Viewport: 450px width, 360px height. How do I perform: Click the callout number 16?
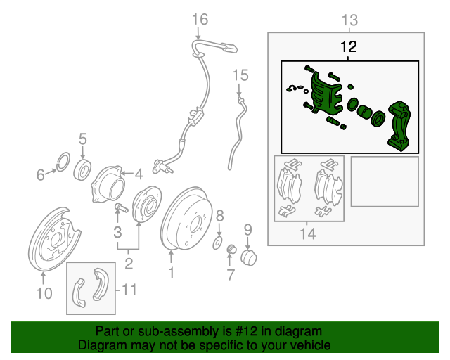pyautogui.click(x=200, y=20)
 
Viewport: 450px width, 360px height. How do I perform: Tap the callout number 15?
pyautogui.click(x=240, y=75)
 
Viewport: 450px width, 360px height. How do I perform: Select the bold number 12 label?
pyautogui.click(x=349, y=47)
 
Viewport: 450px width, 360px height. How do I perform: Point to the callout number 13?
pyautogui.click(x=350, y=20)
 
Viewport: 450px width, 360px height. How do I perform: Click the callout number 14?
pyautogui.click(x=308, y=233)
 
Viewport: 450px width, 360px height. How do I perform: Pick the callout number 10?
pyautogui.click(x=44, y=293)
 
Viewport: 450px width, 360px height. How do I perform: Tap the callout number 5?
pyautogui.click(x=83, y=139)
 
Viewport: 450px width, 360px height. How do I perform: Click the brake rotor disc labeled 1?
pyautogui.click(x=186, y=219)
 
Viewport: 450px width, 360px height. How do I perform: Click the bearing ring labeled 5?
pyautogui.click(x=83, y=170)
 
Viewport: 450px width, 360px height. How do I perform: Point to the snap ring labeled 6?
pyautogui.click(x=63, y=162)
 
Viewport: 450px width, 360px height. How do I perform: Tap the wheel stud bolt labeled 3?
pyautogui.click(x=121, y=207)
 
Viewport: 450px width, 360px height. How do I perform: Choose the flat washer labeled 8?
pyautogui.click(x=217, y=243)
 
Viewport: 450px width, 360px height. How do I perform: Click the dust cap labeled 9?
pyautogui.click(x=248, y=258)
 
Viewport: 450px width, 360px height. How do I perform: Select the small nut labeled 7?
pyautogui.click(x=231, y=249)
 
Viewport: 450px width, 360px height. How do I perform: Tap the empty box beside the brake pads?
pyautogui.click(x=385, y=181)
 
